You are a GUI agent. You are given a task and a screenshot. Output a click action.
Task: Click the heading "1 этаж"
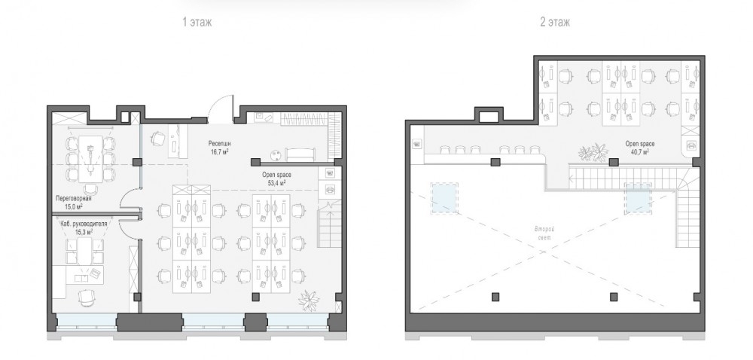coord(197,22)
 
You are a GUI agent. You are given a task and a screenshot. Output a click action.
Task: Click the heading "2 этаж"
coord(555,22)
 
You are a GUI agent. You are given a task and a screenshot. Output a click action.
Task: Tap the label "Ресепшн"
coord(218,144)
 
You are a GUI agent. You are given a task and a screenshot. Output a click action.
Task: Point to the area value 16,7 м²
coord(218,151)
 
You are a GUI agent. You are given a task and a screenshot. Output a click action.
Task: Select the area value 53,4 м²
coord(276,183)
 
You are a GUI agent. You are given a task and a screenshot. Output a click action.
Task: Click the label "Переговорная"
coord(74,198)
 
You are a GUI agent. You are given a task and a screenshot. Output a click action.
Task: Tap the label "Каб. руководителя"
coord(84,224)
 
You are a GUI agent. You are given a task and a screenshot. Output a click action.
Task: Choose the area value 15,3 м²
coord(84,232)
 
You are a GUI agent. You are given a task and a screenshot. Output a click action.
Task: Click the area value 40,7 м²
coord(639,151)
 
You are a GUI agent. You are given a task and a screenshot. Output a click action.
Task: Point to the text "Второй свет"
coord(544,233)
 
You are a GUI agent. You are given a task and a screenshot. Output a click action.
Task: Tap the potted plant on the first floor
coord(308,301)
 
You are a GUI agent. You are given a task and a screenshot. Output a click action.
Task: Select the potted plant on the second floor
coord(593,152)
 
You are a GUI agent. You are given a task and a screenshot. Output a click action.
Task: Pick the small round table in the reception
coord(276,155)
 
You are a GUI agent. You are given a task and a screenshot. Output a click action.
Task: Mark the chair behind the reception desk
coord(158,139)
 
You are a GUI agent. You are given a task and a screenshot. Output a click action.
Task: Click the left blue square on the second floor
coord(445,198)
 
